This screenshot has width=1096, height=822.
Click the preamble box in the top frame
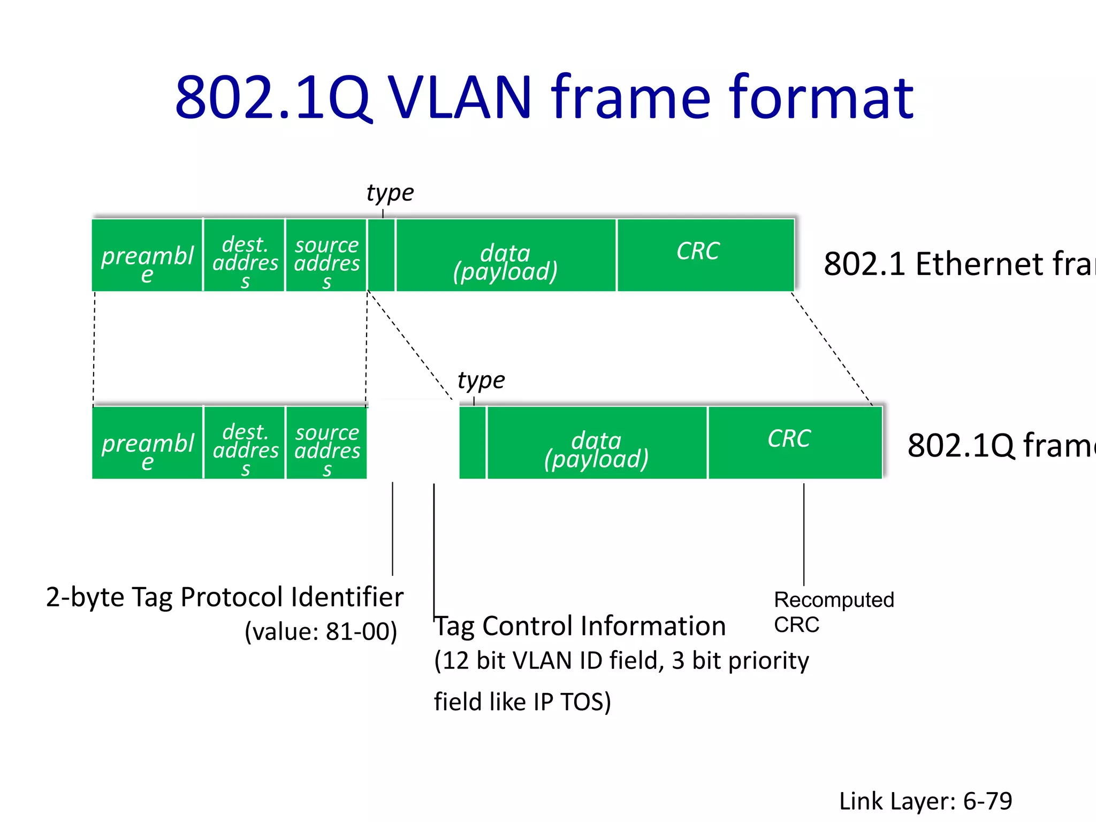pos(147,255)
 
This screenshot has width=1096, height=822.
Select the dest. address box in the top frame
pos(245,255)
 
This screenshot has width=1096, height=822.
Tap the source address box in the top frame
pos(326,255)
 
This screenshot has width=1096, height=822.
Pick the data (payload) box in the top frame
pos(506,255)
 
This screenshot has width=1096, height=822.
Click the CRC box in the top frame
pos(705,255)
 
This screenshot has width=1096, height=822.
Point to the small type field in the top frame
pos(381,255)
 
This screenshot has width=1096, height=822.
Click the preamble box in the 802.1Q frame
pos(147,443)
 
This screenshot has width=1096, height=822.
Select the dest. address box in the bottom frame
pos(245,443)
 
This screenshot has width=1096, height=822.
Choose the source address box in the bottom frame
pos(326,443)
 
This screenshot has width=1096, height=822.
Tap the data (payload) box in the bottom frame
pos(597,443)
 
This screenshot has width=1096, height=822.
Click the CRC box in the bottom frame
pos(795,443)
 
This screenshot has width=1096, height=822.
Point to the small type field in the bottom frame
pos(473,443)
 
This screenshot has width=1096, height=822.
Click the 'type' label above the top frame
pos(390,193)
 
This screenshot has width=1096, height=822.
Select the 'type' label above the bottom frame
pos(481,380)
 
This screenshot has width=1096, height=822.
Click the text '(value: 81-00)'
pos(321,631)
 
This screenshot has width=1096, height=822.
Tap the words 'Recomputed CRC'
pos(833,612)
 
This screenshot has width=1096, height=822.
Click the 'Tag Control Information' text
pos(580,626)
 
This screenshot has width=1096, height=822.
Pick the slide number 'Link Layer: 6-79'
pos(925,801)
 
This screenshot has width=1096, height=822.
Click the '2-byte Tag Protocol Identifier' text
pos(225,597)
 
